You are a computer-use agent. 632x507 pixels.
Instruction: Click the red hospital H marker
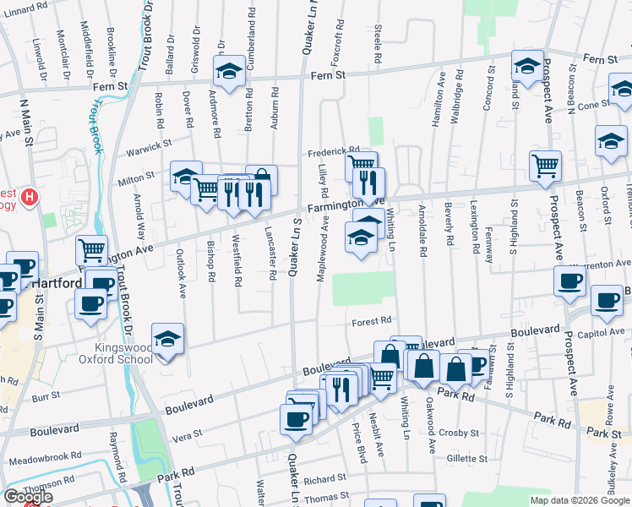point(30,198)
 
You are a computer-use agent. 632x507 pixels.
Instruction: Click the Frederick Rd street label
point(333,150)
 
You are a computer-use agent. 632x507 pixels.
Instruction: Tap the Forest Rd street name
point(373,320)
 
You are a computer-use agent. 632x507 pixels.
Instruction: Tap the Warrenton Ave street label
point(601,265)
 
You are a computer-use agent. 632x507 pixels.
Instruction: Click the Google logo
point(27,497)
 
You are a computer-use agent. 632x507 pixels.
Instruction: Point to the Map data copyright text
point(578,500)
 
